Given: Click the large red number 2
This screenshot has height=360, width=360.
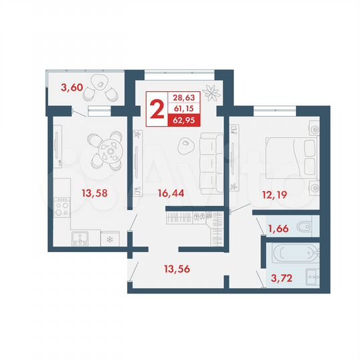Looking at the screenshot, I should tap(158, 109).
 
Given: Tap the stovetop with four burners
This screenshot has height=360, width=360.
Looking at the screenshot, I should tap(63, 209).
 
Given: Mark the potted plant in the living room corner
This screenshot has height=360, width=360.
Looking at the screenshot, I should tap(212, 91).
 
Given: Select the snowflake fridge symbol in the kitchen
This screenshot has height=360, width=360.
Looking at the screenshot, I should tap(108, 238).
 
